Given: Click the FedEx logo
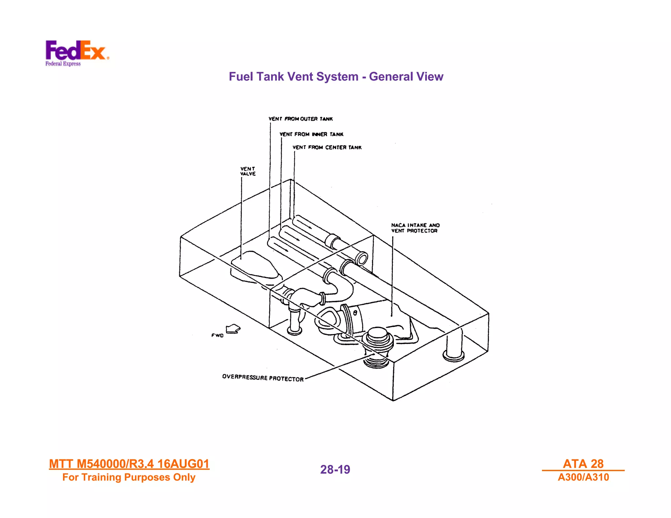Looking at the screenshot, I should point(76,51).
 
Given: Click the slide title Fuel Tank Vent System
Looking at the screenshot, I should point(335,77).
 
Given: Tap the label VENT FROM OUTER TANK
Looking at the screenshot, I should point(300,119).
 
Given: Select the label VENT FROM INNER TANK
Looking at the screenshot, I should point(311,134).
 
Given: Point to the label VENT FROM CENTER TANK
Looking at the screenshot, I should point(327,147).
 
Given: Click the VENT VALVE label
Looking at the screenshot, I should point(248,171).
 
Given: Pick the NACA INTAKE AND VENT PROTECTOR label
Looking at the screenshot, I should point(415,228).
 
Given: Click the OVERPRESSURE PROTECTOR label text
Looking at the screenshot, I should point(263,378).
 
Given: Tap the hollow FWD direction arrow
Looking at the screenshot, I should point(233,328).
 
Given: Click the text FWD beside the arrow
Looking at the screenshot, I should point(217,335).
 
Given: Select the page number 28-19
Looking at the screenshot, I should point(335,470).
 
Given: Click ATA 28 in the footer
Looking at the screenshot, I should point(583,464).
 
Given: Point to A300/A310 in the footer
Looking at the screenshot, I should point(583,477).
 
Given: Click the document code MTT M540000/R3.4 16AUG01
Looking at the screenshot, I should point(129,464).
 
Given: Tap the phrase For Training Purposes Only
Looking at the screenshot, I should point(129,477).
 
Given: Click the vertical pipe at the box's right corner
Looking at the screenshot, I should point(454,344).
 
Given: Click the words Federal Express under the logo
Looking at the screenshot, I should point(63,64).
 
